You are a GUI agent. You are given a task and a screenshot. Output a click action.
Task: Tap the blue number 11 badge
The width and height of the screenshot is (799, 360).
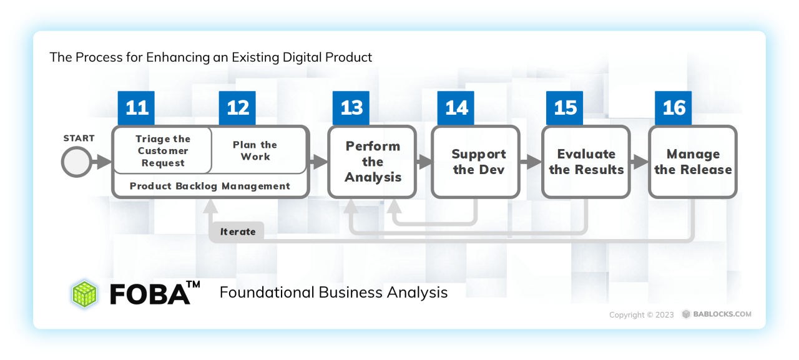136,108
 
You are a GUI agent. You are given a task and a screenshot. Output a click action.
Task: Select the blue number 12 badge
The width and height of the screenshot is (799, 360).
237,108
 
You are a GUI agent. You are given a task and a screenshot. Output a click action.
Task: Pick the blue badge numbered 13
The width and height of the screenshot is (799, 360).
351,108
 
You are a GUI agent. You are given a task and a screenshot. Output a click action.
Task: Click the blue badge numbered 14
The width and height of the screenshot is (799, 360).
456,108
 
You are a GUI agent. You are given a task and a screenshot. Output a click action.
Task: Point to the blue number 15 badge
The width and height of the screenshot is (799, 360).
565,108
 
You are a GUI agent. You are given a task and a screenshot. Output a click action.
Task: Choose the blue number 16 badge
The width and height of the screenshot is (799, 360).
674,108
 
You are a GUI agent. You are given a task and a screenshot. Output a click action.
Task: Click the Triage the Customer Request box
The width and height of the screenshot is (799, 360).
163,150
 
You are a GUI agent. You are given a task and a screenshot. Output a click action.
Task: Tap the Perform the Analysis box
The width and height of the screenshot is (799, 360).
373,162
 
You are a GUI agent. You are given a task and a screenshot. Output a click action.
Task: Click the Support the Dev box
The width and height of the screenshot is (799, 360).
476,162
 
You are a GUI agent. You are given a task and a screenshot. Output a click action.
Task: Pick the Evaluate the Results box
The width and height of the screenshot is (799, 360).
586,162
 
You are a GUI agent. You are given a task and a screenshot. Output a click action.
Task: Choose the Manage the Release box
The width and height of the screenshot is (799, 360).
693,162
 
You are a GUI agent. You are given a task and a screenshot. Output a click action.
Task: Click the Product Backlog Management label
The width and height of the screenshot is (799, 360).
210,186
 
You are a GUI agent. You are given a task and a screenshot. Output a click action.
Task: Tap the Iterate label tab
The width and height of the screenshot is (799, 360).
237,231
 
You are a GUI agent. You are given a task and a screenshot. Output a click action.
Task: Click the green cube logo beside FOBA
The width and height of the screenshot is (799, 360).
84,294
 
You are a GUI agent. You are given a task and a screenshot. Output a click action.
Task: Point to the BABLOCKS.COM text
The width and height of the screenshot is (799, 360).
722,314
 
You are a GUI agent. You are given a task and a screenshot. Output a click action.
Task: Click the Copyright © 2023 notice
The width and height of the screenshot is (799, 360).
641,314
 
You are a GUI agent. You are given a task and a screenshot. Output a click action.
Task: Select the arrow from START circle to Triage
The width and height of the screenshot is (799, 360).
102,162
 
